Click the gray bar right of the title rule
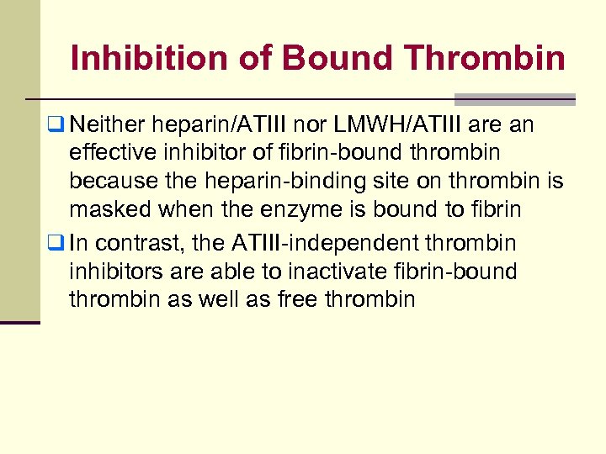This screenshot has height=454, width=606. [x=514, y=98]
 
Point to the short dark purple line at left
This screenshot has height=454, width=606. [x=19, y=322]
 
